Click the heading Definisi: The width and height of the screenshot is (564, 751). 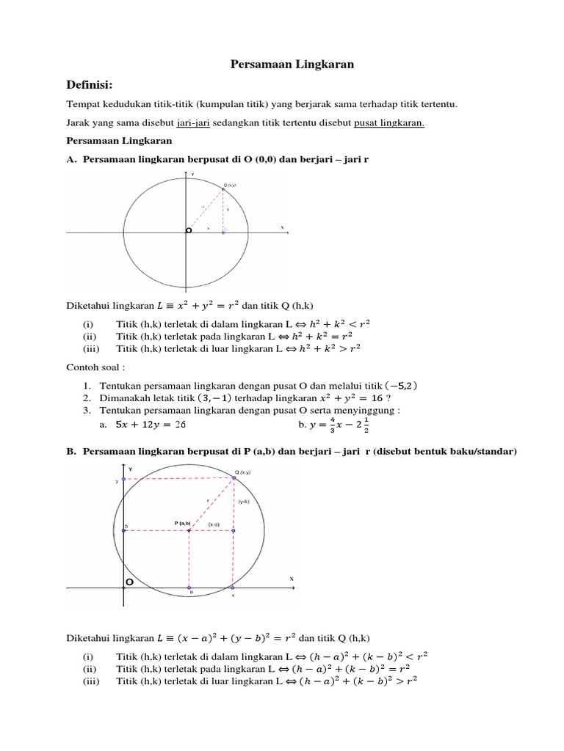92,85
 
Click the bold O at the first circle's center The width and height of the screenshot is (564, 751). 188,230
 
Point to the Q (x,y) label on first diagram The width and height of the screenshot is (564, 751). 231,186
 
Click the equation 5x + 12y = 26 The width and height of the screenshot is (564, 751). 147,425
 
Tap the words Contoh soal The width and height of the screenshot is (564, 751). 93,367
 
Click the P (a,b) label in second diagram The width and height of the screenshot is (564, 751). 183,523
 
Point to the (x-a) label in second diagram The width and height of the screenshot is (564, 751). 214,524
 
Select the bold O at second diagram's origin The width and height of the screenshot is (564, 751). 129,582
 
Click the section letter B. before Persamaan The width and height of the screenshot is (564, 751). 71,452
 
